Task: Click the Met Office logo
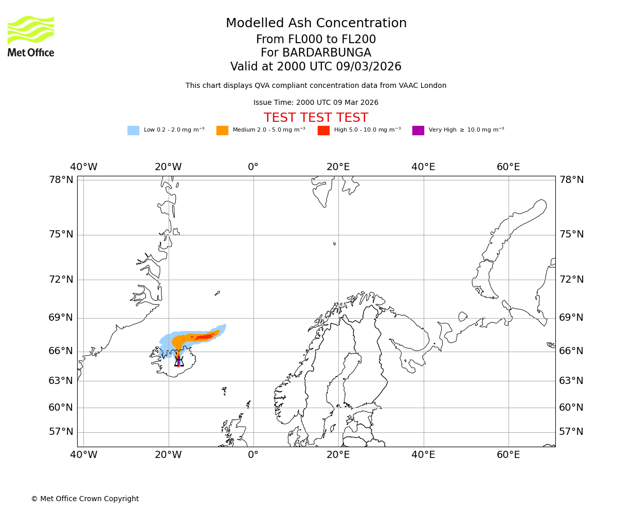[x=31, y=36]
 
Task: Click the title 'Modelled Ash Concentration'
[x=316, y=24]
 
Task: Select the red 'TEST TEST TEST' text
[x=316, y=118]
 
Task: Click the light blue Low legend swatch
[x=133, y=130]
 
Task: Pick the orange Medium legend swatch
[x=222, y=130]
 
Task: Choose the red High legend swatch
[x=323, y=130]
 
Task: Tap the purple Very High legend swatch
[x=418, y=130]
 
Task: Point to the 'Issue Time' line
[x=316, y=103]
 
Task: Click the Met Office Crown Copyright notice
[x=85, y=499]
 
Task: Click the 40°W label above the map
[x=84, y=167]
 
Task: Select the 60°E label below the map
[x=508, y=455]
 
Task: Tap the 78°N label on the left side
[x=61, y=180]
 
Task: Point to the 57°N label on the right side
[x=572, y=432]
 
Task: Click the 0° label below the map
[x=253, y=455]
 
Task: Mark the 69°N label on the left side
[x=61, y=318]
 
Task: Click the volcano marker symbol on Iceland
[x=178, y=361]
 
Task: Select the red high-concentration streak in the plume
[x=205, y=337]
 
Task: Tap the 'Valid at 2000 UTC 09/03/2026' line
[x=316, y=67]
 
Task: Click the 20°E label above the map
[x=338, y=167]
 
